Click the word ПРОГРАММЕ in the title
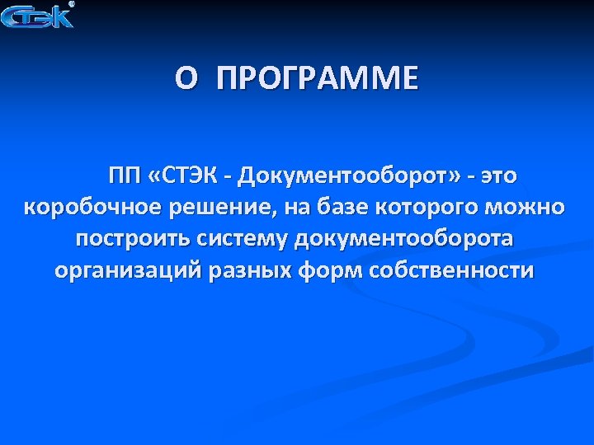(318, 80)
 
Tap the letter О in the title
(186, 80)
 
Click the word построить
(133, 239)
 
